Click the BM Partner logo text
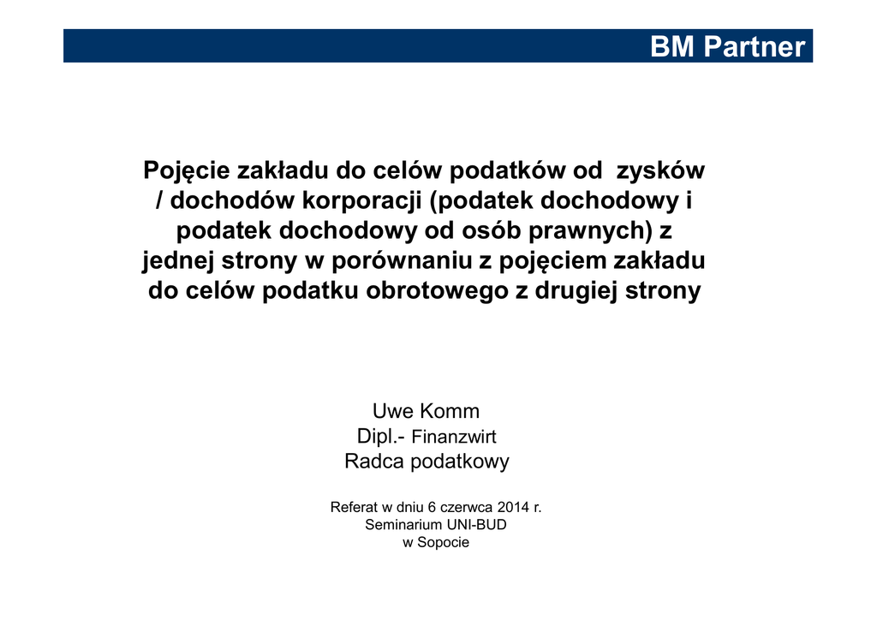pyautogui.click(x=727, y=46)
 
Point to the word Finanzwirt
pyautogui.click(x=454, y=437)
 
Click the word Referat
pyautogui.click(x=354, y=507)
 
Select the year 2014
pyautogui.click(x=514, y=507)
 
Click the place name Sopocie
pyautogui.click(x=443, y=543)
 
